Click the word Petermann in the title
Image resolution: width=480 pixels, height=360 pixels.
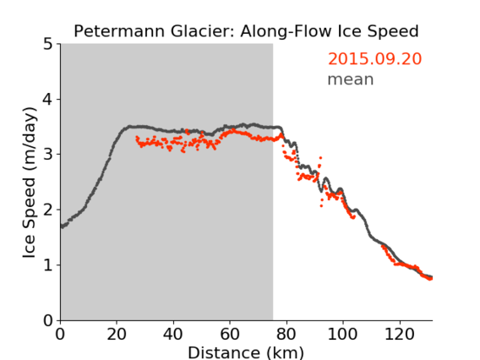pos(120,31)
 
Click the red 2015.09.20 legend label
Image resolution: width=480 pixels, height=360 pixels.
pos(374,59)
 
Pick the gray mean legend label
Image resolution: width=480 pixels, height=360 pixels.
pos(351,79)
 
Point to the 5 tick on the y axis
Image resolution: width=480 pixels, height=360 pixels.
pos(48,45)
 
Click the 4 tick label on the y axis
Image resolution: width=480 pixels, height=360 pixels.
pos(48,100)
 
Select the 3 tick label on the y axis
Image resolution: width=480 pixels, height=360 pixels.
pos(48,155)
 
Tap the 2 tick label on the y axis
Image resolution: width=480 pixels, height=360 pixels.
pos(48,210)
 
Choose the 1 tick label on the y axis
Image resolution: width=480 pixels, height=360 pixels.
pos(48,265)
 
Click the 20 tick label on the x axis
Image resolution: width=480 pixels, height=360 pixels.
pos(117,334)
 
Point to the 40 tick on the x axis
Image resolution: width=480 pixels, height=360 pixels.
pos(173,334)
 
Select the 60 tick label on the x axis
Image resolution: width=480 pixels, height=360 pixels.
pos(230,334)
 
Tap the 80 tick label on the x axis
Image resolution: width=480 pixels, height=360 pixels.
pos(286,334)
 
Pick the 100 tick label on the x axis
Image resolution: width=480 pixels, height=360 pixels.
pos(343,334)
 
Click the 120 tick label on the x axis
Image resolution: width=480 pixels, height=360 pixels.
pos(400,334)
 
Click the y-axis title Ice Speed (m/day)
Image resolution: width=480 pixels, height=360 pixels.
pos(30,183)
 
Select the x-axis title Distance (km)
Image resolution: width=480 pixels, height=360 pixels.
pos(246,352)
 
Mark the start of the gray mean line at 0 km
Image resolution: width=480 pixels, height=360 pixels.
pos(62,226)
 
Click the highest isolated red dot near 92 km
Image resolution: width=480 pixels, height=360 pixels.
pos(320,158)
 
